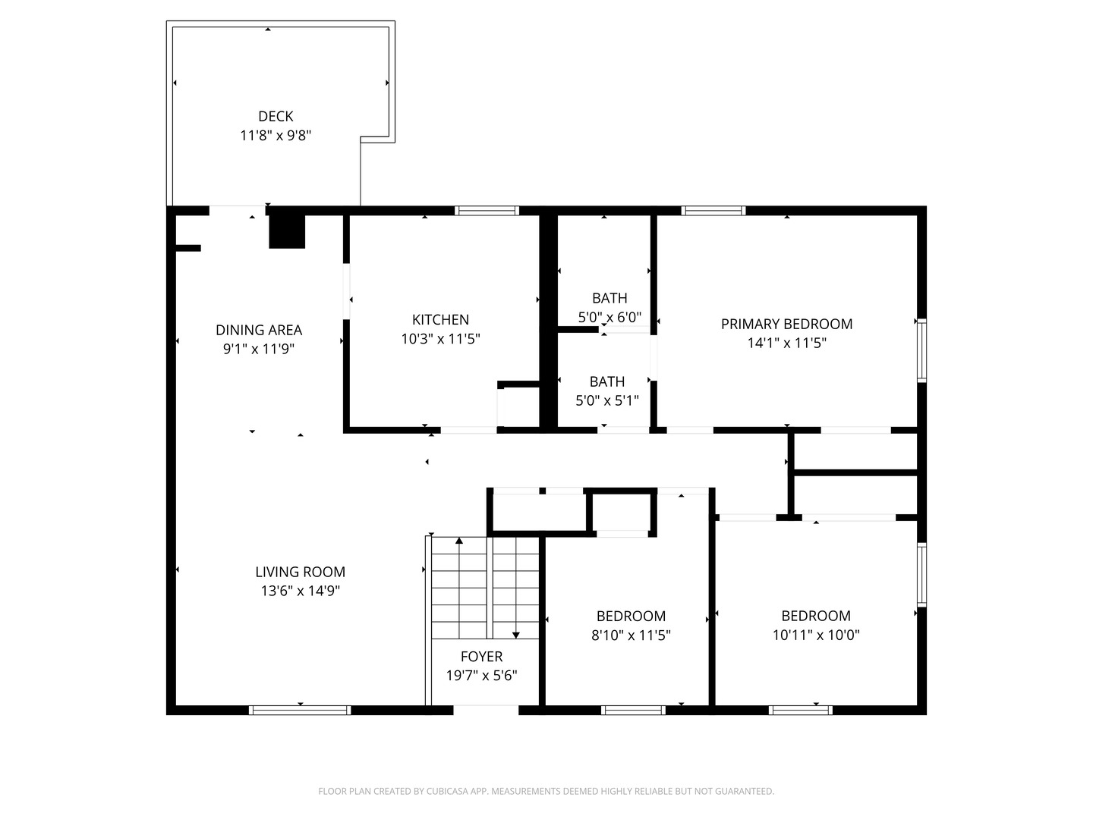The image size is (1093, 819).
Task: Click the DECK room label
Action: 276,116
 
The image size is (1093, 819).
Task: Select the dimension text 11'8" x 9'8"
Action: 276,136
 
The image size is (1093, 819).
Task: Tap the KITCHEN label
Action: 440,319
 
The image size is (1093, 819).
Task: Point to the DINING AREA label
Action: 259,330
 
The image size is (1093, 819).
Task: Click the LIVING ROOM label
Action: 300,572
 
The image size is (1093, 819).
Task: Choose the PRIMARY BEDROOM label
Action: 786,324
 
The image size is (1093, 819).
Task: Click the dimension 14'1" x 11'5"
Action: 786,343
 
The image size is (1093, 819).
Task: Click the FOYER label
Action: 481,656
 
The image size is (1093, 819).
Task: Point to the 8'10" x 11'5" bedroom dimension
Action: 631,635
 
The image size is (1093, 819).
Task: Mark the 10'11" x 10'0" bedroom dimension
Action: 816,635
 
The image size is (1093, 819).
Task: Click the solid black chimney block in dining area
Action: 287,231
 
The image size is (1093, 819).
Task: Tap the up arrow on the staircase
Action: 458,541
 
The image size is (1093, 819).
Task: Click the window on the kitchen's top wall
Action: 487,211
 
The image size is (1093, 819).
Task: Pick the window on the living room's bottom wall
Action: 300,711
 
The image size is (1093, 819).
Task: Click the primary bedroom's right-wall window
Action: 921,350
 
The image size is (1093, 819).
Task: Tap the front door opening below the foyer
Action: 486,711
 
